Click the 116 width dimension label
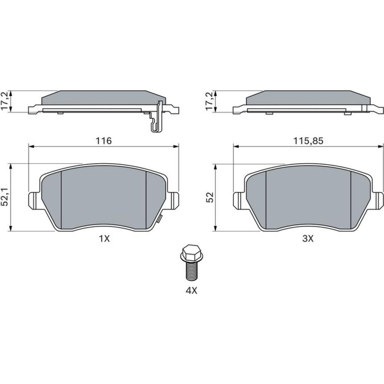(104, 141)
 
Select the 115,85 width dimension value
(308, 141)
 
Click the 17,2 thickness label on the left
(5, 101)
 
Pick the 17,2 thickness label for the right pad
(210, 101)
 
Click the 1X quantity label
(104, 238)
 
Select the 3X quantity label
(308, 238)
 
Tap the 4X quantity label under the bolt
(192, 291)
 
